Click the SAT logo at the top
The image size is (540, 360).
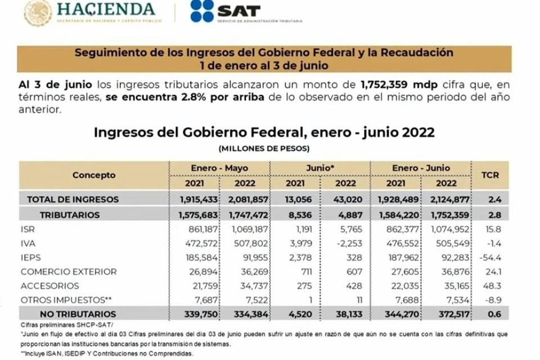click(x=225, y=11)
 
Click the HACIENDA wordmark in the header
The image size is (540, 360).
click(x=106, y=9)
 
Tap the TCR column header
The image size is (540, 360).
click(x=490, y=175)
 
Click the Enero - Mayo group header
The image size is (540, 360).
click(x=219, y=168)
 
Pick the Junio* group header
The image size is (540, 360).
click(x=319, y=168)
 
